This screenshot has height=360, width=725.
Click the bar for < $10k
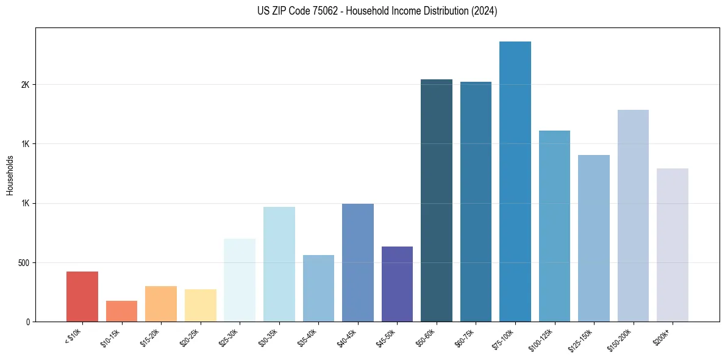point(82,297)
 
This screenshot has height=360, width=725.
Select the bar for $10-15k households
point(121,311)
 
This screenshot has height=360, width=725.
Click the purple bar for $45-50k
point(397,284)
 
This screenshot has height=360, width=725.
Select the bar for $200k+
point(673,245)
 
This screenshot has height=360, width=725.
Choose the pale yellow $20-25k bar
point(201,305)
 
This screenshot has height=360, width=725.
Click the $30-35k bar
point(279,264)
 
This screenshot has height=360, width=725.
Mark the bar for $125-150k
point(594,238)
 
